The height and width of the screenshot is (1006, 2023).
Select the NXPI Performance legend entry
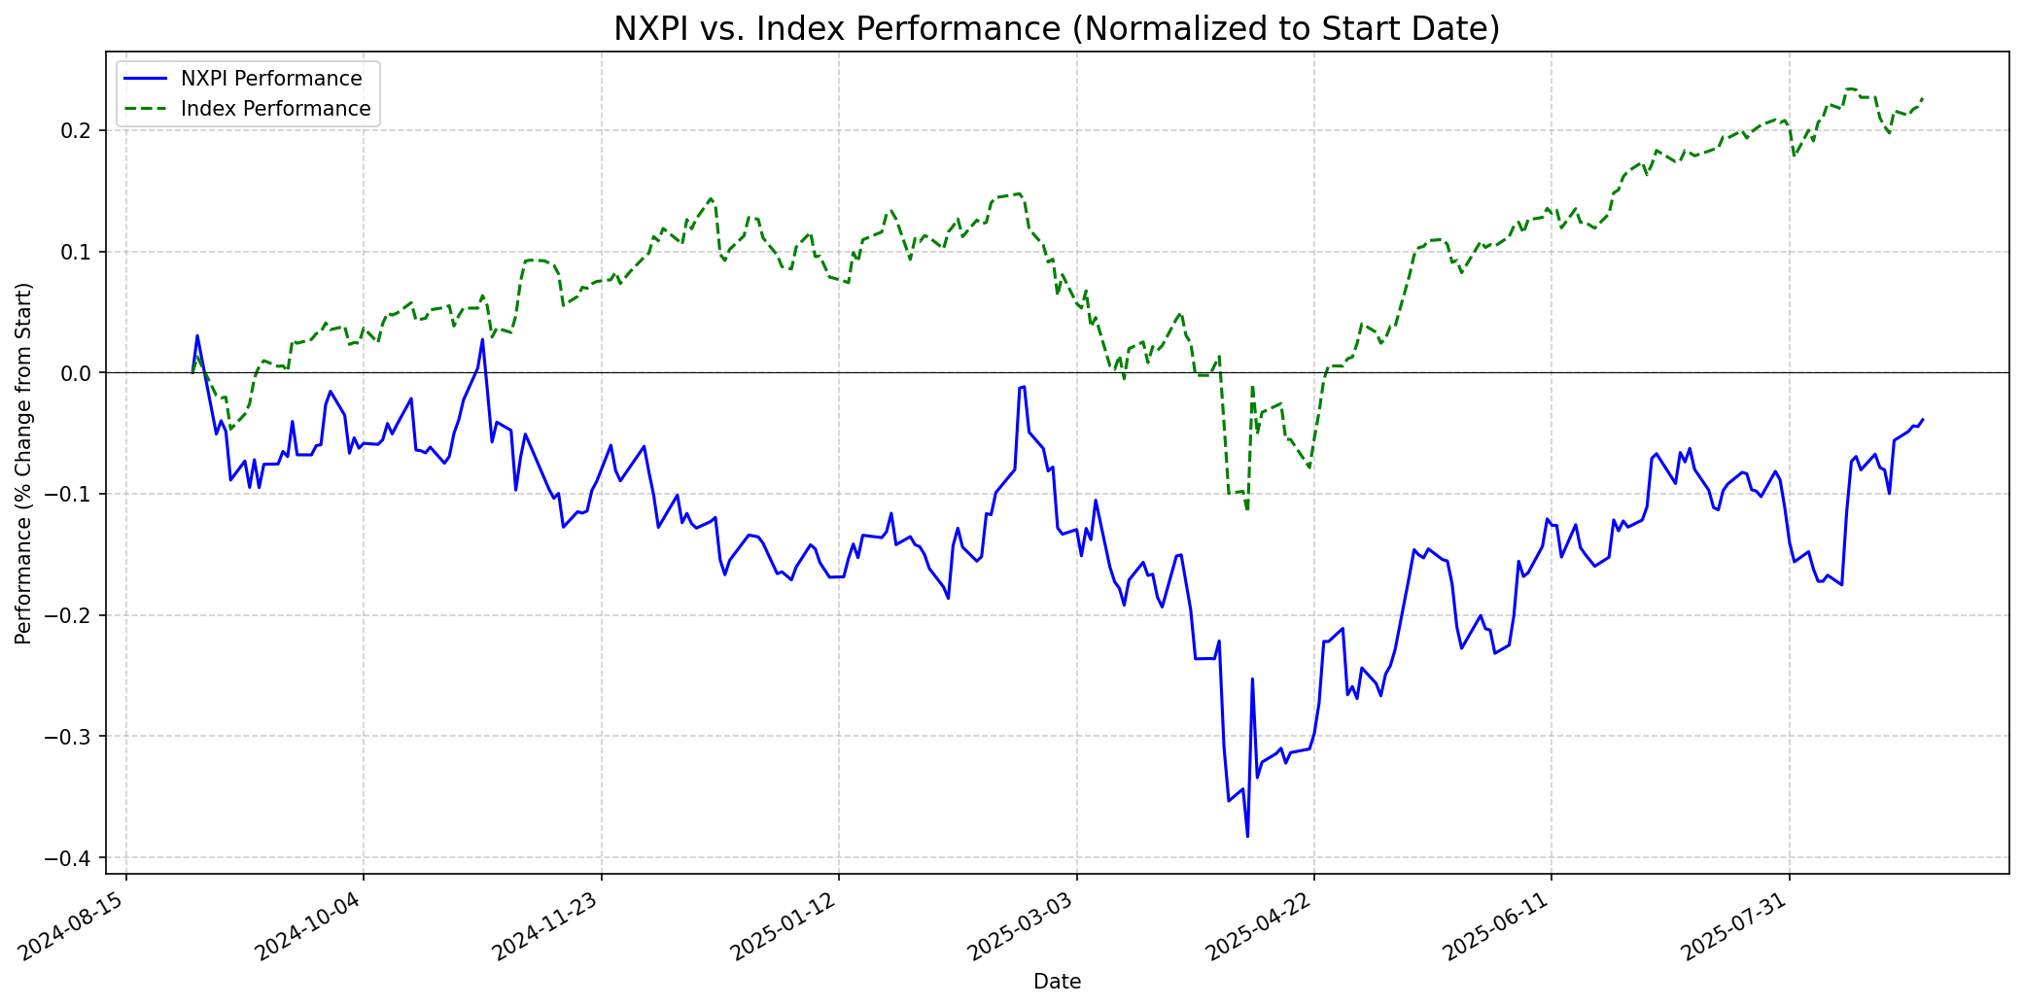271,79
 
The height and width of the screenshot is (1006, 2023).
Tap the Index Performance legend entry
275,109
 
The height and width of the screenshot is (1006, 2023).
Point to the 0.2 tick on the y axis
92,131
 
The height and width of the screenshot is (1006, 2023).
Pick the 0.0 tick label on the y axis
92,373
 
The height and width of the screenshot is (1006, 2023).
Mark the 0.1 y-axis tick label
92,253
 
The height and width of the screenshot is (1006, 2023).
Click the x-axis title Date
1057,982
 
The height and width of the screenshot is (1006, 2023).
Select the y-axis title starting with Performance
23,464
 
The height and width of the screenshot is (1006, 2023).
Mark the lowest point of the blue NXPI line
1247,836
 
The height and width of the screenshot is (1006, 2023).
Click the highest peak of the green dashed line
1849,88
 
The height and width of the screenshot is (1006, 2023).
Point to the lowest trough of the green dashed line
1247,509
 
